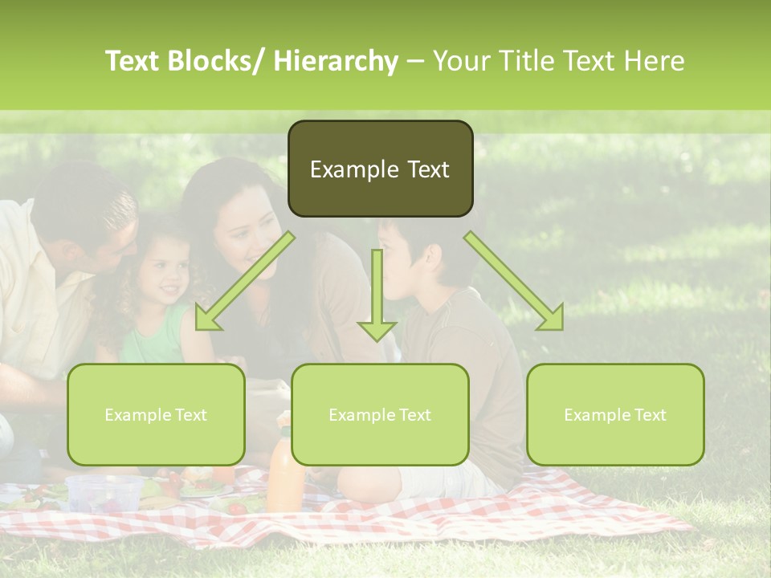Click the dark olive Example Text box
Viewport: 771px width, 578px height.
point(380,169)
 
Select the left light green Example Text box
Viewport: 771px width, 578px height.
point(156,415)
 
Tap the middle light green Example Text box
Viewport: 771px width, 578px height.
point(380,415)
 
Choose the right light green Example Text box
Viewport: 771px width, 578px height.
point(615,415)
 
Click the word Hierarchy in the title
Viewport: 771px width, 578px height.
point(336,61)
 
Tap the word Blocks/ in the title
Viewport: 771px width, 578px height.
point(218,61)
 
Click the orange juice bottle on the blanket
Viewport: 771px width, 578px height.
point(285,474)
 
